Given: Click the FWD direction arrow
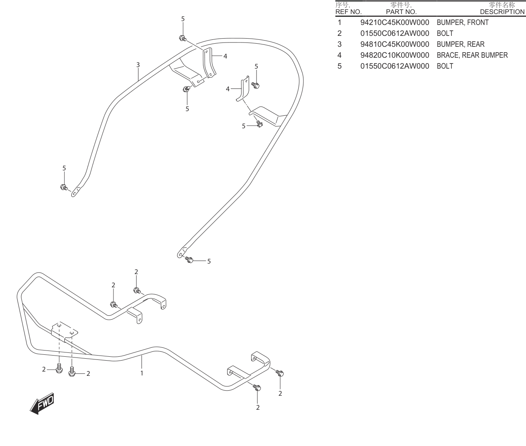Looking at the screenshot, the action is [x=42, y=404].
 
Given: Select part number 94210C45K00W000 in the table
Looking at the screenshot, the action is [x=395, y=23].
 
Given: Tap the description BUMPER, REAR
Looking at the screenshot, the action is [x=460, y=44].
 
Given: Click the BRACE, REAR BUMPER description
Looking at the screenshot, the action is [x=472, y=55].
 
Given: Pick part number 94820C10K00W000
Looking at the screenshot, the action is [x=395, y=55].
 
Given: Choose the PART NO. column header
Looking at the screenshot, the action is [x=401, y=12].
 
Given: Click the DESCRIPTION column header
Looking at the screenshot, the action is [x=502, y=12].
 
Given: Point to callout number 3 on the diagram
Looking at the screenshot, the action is [x=138, y=65].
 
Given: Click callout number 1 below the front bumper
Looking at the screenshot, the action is [x=142, y=373].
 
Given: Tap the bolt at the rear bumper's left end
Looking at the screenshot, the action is [x=64, y=188].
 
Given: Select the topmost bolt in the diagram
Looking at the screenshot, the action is [x=183, y=39].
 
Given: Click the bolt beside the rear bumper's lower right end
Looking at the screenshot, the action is [x=189, y=260].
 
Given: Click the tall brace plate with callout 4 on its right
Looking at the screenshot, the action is [x=209, y=63].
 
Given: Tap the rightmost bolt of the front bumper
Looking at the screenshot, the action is [x=280, y=373].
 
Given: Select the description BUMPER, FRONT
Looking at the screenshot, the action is [x=462, y=23].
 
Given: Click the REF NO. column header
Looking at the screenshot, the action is [x=348, y=12].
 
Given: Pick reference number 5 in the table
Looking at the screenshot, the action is [x=340, y=66].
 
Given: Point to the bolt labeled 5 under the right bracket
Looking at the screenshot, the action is [x=259, y=124].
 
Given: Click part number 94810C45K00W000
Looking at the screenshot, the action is [x=395, y=44].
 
